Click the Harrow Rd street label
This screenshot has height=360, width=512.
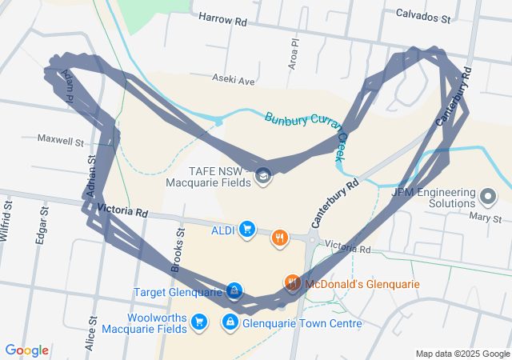click(x=222, y=18)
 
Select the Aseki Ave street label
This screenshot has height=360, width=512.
click(x=234, y=80)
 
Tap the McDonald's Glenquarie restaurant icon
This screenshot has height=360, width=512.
click(x=292, y=282)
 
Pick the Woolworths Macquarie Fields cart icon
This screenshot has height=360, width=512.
click(x=200, y=322)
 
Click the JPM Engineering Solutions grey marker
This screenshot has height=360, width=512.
click(x=490, y=195)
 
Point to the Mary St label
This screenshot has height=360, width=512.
click(x=486, y=218)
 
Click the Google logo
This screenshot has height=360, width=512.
click(x=27, y=350)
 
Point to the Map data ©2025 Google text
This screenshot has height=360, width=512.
click(x=462, y=354)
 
